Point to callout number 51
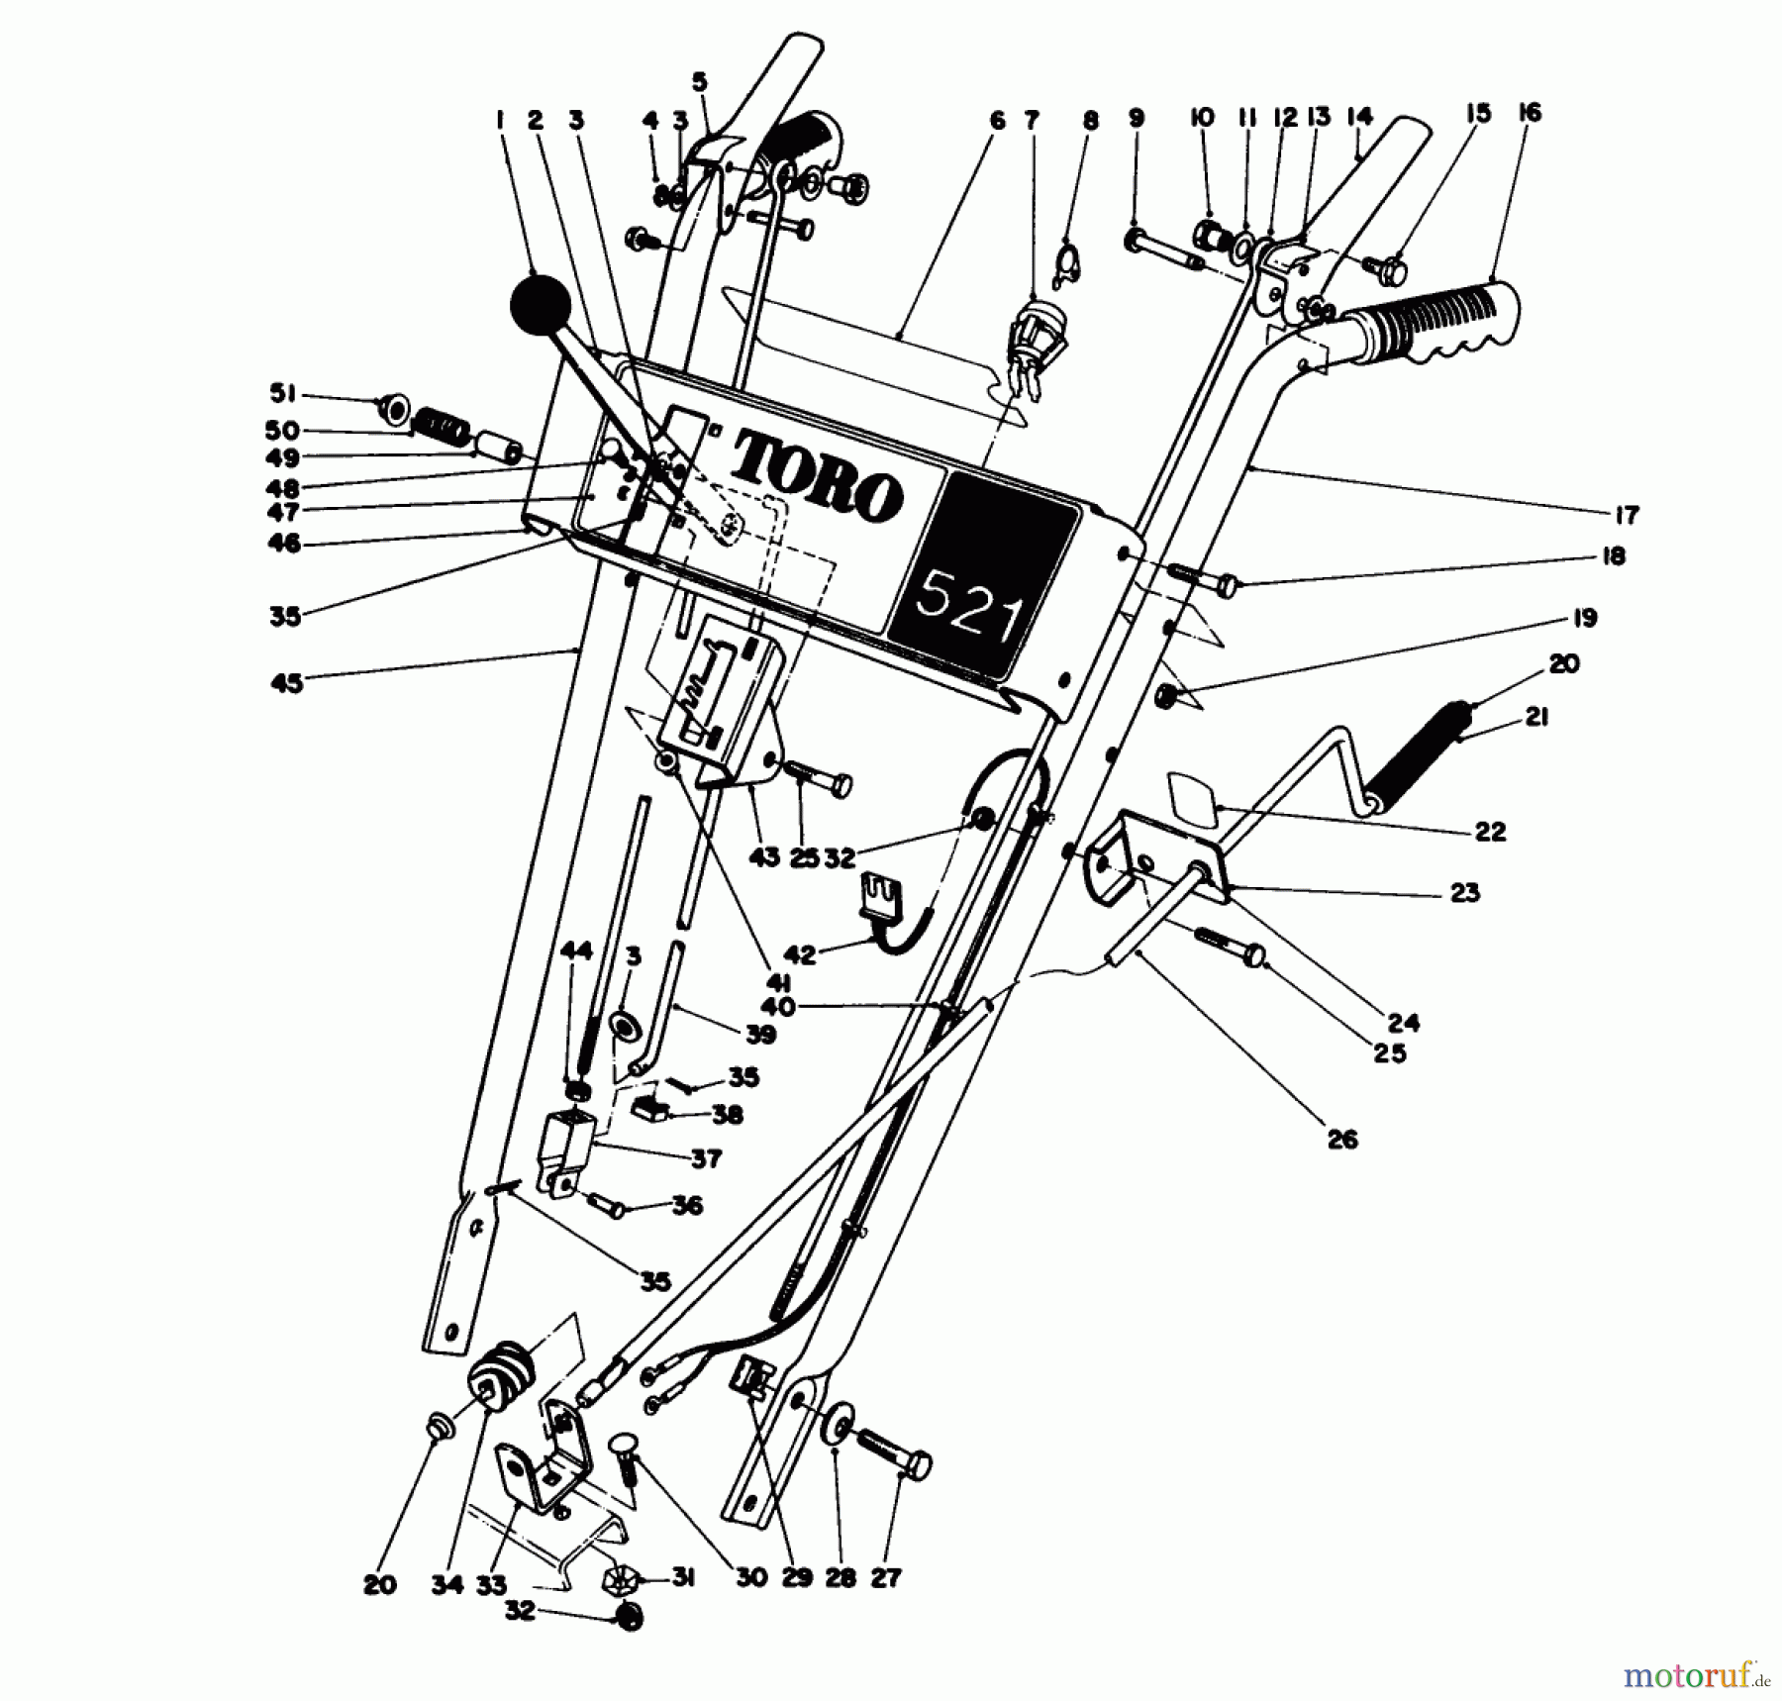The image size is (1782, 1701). [x=284, y=394]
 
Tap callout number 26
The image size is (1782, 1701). [x=1342, y=1140]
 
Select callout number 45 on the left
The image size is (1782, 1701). [x=286, y=683]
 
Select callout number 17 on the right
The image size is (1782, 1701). [x=1627, y=515]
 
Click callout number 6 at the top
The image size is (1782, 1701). [x=997, y=121]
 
